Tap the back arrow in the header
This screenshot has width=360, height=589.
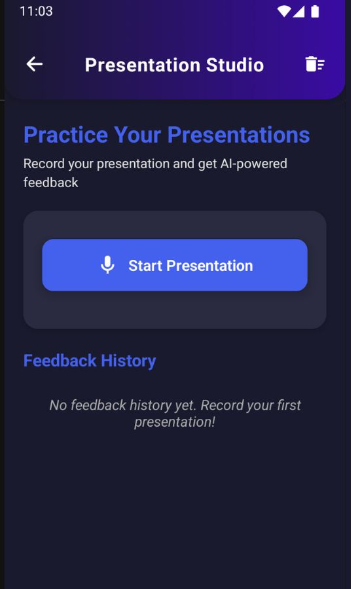click(x=34, y=64)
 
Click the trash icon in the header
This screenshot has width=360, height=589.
click(x=315, y=64)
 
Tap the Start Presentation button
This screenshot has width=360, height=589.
click(x=175, y=265)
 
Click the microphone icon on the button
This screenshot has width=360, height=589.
click(x=107, y=265)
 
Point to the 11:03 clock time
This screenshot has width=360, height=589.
click(x=36, y=11)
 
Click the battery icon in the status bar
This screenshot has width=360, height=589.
click(x=315, y=11)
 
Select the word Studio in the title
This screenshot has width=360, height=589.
click(x=235, y=65)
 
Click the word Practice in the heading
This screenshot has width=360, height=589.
click(x=65, y=135)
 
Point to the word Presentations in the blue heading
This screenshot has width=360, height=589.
click(x=239, y=135)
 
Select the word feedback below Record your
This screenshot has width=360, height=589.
click(x=51, y=183)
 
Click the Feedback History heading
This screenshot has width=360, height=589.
click(x=90, y=361)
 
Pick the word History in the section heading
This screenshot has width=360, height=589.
click(x=128, y=361)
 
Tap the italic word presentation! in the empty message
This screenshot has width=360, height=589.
click(x=175, y=422)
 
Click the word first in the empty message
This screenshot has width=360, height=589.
click(x=289, y=405)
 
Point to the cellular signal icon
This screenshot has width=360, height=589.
click(x=298, y=12)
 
